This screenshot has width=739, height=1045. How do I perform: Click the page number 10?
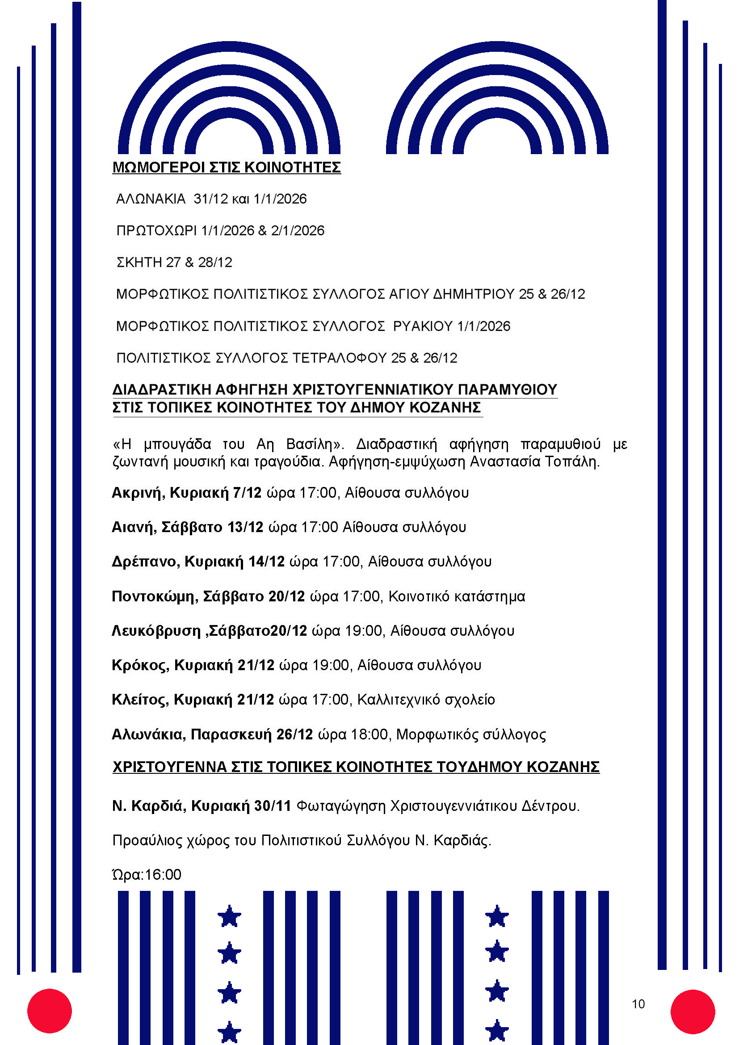tap(638, 1004)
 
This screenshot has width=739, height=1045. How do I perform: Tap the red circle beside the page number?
tap(693, 1011)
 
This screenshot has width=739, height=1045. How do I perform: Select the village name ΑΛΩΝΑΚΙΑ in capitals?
tap(151, 199)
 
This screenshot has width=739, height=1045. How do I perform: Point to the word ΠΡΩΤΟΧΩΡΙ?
tap(156, 231)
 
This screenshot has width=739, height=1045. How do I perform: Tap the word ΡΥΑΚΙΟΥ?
tap(423, 326)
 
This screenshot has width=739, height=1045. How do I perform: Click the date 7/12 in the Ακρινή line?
tap(247, 493)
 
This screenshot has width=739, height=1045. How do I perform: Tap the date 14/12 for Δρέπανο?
tap(266, 562)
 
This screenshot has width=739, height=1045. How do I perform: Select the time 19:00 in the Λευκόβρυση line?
tap(364, 631)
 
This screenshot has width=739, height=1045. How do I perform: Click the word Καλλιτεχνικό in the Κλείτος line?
tap(394, 700)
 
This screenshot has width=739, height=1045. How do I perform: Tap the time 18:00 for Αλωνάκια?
tap(369, 734)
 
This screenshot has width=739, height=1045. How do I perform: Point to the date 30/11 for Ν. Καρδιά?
tap(273, 806)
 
